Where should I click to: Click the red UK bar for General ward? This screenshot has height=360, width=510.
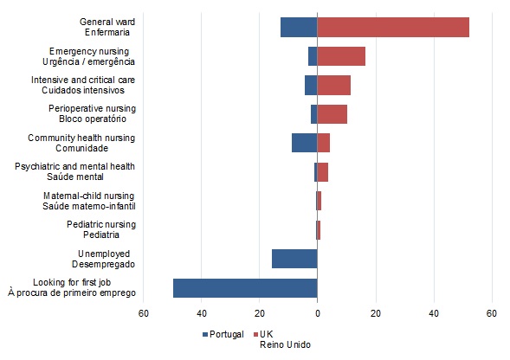(x=393, y=28)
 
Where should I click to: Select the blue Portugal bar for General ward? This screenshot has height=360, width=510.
(x=299, y=28)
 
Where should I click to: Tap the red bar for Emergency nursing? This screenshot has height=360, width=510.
(x=341, y=56)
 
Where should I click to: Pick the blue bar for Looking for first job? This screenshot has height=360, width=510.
(x=245, y=288)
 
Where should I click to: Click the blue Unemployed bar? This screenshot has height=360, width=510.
(x=294, y=259)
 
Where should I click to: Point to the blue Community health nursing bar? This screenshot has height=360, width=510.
(x=305, y=143)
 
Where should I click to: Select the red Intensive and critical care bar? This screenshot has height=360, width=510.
(x=334, y=85)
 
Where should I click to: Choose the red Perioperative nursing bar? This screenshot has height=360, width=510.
(x=332, y=114)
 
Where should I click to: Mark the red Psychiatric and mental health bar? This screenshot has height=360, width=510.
(x=323, y=172)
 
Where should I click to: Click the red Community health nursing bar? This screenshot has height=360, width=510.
(x=324, y=143)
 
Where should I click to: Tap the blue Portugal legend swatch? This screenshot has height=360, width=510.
(x=205, y=334)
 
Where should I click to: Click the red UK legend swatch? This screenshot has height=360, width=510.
(x=255, y=334)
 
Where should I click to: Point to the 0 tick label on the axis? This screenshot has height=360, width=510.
(x=318, y=313)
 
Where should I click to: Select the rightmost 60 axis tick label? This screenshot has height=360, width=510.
(x=492, y=313)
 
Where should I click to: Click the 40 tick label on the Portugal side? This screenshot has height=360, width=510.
(x=202, y=313)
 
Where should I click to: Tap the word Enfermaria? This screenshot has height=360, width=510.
(x=107, y=33)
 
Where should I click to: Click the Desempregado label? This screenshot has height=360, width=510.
(x=103, y=264)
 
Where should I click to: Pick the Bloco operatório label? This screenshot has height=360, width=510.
(x=93, y=119)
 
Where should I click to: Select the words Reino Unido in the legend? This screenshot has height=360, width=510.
(x=285, y=344)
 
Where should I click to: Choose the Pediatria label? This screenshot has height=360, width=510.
(x=101, y=235)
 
